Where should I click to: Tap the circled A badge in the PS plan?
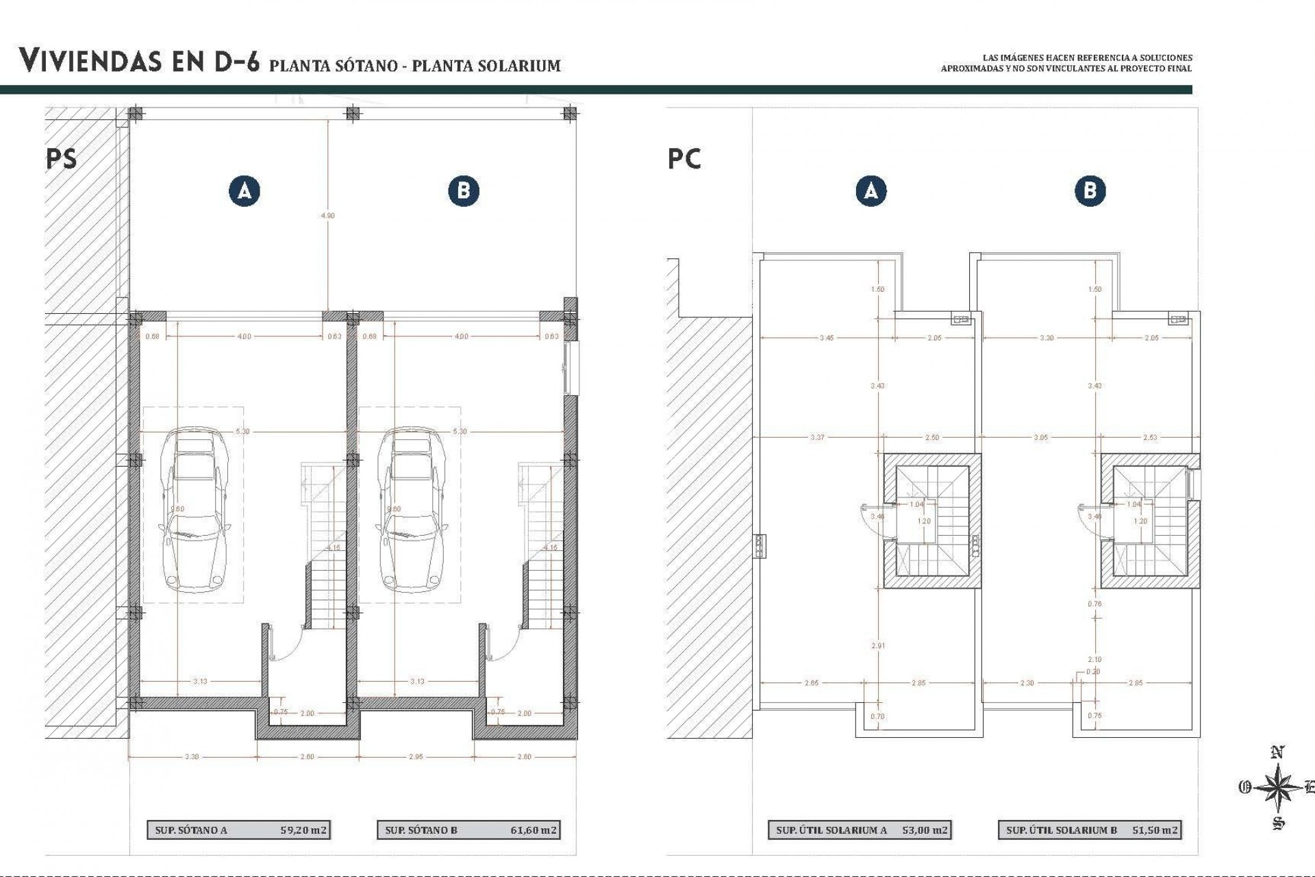245,190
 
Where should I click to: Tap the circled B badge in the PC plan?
1090,190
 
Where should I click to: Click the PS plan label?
62,159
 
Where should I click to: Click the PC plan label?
684,159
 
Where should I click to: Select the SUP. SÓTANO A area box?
238,830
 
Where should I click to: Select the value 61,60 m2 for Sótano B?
534,830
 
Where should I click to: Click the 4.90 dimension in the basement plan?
328,215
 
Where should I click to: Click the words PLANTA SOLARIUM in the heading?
486,66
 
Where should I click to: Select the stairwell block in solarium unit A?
931,521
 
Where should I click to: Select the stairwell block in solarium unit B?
1149,521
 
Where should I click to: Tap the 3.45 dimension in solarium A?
827,338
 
